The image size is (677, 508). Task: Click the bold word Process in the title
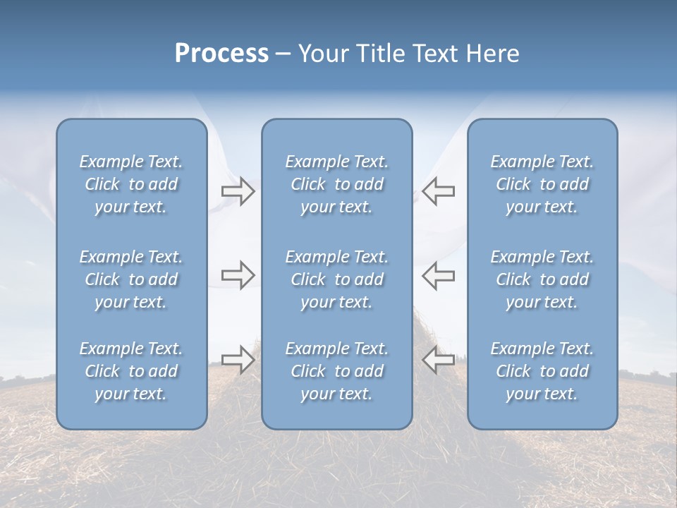tap(221, 54)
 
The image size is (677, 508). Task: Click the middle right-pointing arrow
tap(238, 275)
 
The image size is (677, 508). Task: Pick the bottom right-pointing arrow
tap(238, 360)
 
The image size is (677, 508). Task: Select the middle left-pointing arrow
tap(439, 275)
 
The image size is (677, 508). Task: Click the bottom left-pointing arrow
tap(439, 360)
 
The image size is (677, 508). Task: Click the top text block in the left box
tap(131, 184)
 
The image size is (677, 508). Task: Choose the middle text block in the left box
tap(131, 279)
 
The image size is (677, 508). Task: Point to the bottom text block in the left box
tap(131, 371)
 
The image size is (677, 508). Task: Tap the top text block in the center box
tap(337, 184)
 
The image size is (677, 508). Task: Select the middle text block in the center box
tap(337, 279)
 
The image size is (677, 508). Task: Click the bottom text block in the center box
tap(337, 371)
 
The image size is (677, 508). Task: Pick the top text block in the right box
tap(542, 184)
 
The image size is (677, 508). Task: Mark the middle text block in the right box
tap(542, 279)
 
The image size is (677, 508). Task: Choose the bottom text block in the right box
tap(542, 371)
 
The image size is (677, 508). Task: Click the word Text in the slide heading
tap(437, 54)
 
